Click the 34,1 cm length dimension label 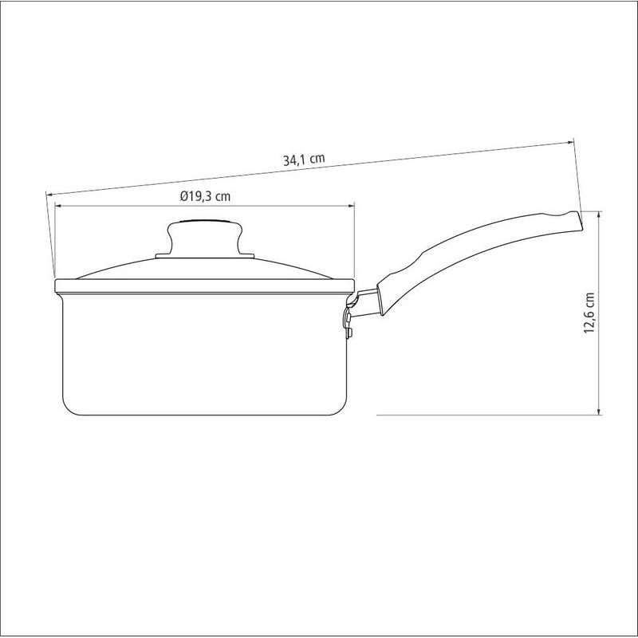click(304, 159)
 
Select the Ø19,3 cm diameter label click(205, 196)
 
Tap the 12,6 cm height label click(589, 313)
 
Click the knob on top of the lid click(205, 238)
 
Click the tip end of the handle click(579, 222)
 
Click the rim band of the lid click(205, 286)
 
